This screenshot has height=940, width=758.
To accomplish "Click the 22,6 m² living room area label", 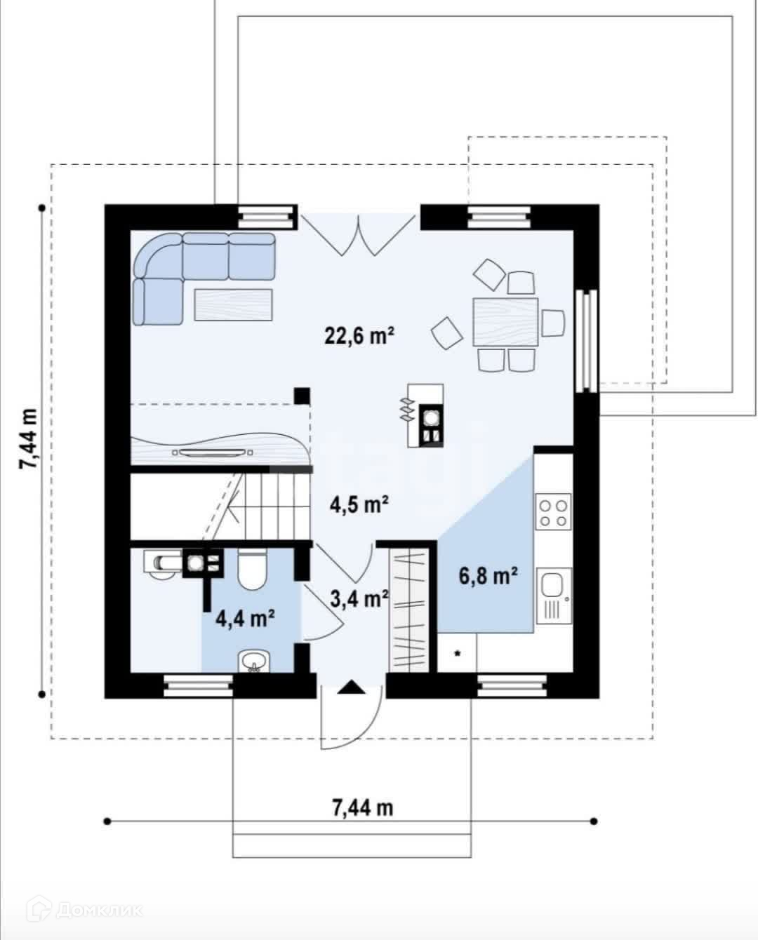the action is click(359, 336).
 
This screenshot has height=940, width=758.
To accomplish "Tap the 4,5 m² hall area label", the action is click(359, 505).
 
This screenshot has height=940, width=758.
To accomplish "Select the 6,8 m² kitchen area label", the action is click(488, 576).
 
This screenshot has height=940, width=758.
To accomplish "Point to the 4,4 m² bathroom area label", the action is click(245, 619).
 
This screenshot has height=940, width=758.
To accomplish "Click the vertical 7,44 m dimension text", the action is click(28, 438).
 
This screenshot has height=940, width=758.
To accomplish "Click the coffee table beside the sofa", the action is click(234, 304).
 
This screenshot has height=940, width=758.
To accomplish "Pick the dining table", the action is click(505, 321).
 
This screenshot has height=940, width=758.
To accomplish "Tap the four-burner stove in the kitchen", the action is click(554, 511).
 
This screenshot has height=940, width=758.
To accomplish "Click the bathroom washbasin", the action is click(254, 662).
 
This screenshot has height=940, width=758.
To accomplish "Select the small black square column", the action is click(302, 396).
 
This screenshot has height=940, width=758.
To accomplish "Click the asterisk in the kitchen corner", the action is click(457, 654).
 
